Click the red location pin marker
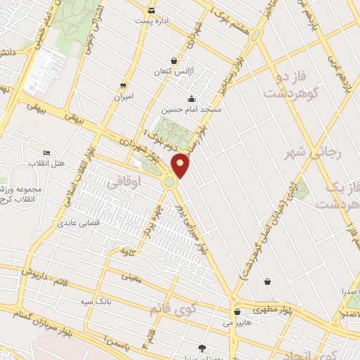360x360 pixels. point(181,165)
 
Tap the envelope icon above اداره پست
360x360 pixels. point(152,10)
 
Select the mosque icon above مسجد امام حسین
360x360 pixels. point(191,98)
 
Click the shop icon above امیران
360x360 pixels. point(124,85)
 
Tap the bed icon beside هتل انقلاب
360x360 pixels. point(46,153)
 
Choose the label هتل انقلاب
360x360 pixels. point(46,163)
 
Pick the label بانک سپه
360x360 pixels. point(96,302)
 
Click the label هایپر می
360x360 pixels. point(237,323)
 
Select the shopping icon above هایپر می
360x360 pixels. point(237,312)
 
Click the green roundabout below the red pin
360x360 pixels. point(169,182)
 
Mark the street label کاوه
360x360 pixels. point(127,251)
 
